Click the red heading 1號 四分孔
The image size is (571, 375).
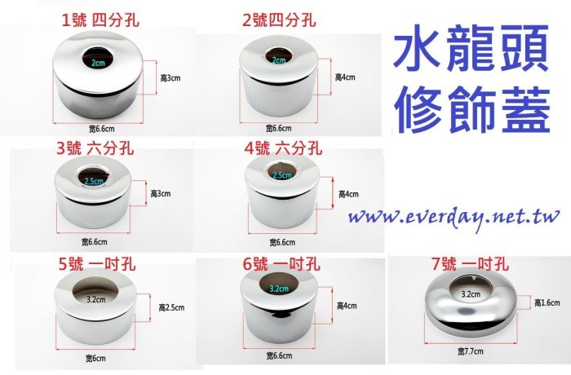[x=100, y=20]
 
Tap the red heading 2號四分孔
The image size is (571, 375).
[x=279, y=20]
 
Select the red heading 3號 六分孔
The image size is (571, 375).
[x=95, y=148]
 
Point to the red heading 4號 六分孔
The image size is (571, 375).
[x=283, y=148]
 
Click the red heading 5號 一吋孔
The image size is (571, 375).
[x=97, y=264]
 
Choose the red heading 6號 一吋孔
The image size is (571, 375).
[x=281, y=264]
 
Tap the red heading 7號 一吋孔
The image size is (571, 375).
[x=470, y=264]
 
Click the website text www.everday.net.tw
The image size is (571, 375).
[x=454, y=218]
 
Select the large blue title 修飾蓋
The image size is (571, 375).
[x=472, y=109]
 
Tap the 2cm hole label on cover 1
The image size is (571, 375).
[x=98, y=63]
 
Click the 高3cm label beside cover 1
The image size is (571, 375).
[x=170, y=78]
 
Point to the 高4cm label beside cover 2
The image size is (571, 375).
[x=345, y=77]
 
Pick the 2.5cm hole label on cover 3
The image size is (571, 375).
[x=94, y=181]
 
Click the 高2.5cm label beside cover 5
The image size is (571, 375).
[x=171, y=307]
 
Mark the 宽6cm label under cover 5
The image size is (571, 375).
[x=95, y=358]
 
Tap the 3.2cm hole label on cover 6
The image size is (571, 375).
[x=279, y=289]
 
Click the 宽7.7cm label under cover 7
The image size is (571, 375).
[x=471, y=351]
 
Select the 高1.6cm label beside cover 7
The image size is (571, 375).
[x=547, y=302]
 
